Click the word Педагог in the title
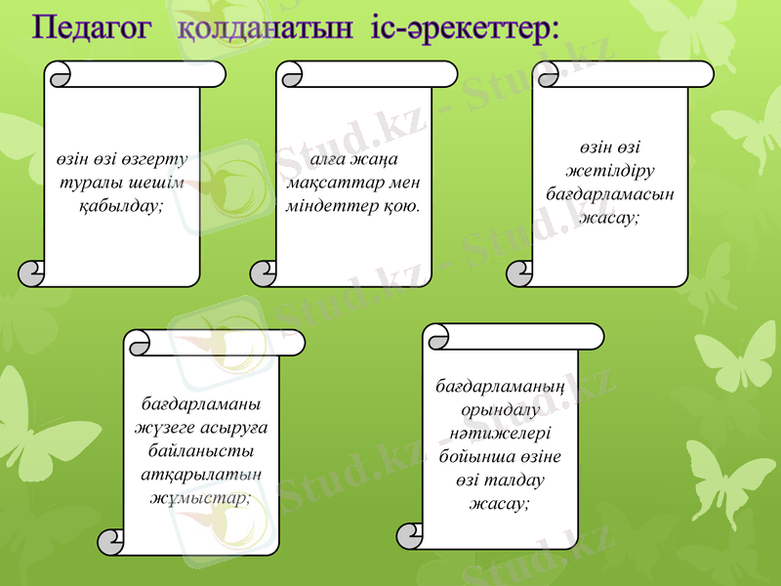coord(92,27)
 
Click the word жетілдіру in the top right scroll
coord(610,171)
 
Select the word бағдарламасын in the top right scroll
coord(610,194)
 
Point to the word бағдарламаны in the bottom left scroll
coord(201,403)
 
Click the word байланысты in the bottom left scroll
coord(201,450)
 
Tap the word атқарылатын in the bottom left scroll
coord(201,474)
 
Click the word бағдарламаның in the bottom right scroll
coord(500,389)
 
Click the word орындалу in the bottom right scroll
coord(500,412)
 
